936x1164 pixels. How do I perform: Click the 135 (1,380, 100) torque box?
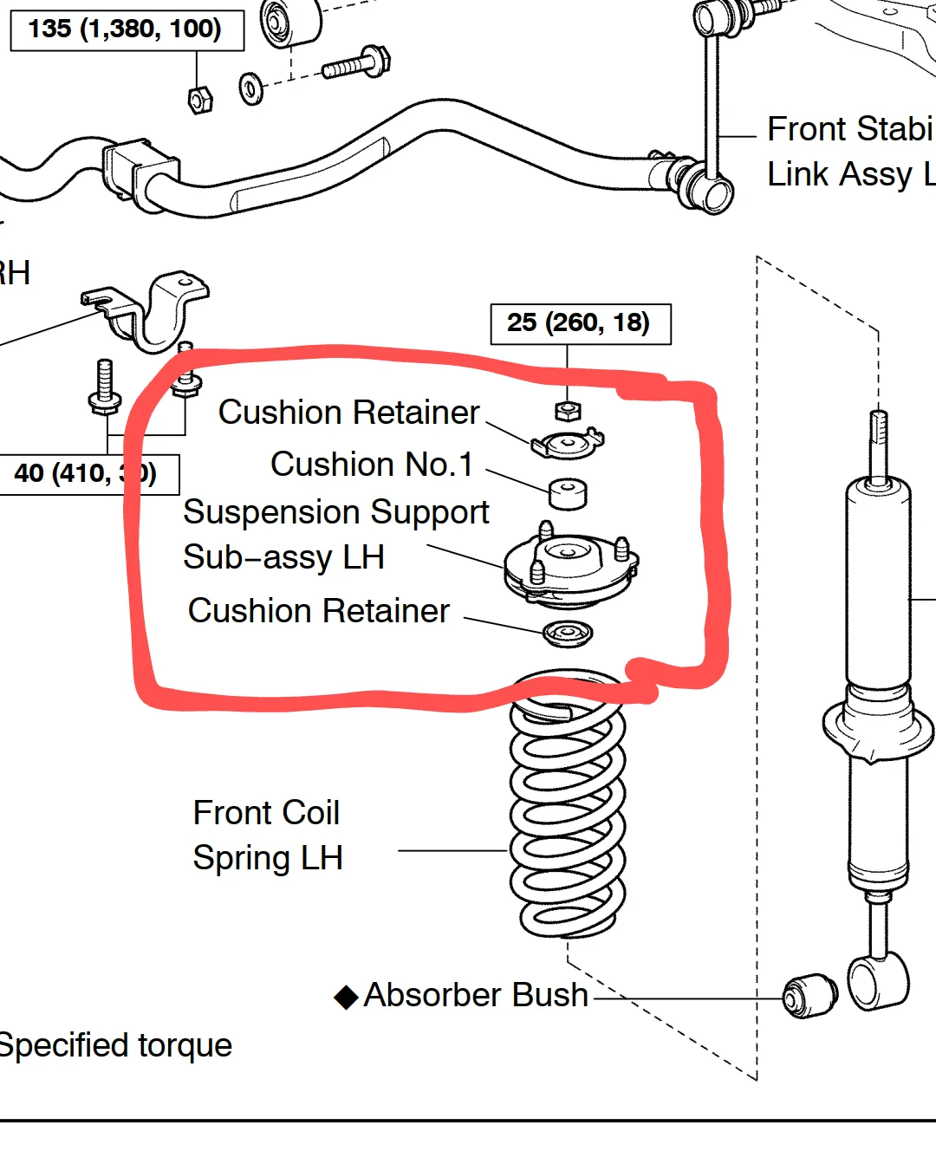pyautogui.click(x=126, y=29)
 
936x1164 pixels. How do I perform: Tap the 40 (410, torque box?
pyautogui.click(x=87, y=473)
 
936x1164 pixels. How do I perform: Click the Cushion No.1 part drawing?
pyautogui.click(x=568, y=494)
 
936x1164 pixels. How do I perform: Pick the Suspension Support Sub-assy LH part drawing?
pyautogui.click(x=571, y=568)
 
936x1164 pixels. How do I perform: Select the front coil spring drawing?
pyautogui.click(x=568, y=806)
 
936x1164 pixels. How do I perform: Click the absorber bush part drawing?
pyautogui.click(x=809, y=996)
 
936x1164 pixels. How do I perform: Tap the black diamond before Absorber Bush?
pyautogui.click(x=346, y=998)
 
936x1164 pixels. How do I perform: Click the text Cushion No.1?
pyautogui.click(x=372, y=465)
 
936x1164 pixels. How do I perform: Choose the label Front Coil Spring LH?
pyautogui.click(x=268, y=836)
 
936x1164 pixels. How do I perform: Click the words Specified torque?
pyautogui.click(x=115, y=1045)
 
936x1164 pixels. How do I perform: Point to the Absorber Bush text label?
pyautogui.click(x=476, y=995)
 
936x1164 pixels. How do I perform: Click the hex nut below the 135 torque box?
pyautogui.click(x=200, y=100)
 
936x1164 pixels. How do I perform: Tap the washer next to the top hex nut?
pyautogui.click(x=251, y=88)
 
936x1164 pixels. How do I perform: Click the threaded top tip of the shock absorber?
pyautogui.click(x=878, y=429)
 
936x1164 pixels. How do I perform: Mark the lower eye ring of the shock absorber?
pyautogui.click(x=877, y=981)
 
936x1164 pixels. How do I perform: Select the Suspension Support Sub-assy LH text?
pyautogui.click(x=335, y=535)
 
